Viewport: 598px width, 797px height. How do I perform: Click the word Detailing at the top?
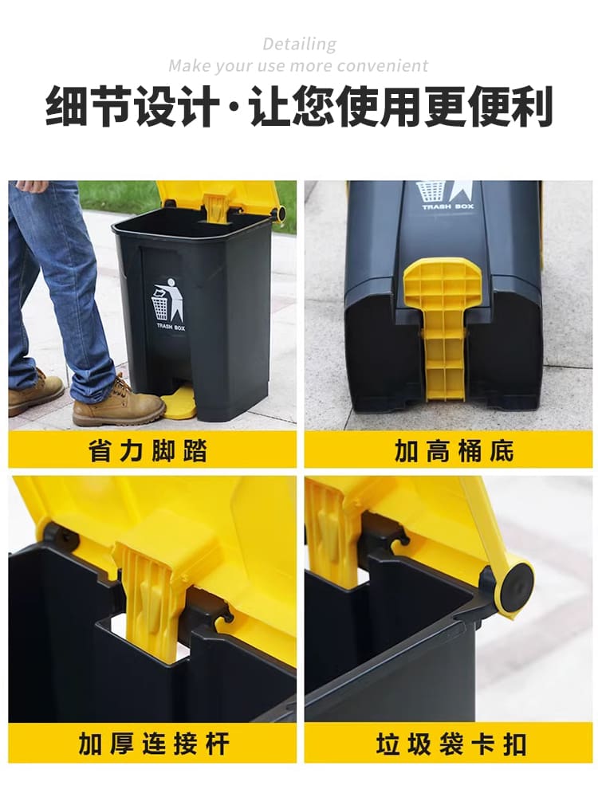[x=299, y=44]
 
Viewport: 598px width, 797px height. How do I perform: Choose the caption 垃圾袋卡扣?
[x=451, y=744]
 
